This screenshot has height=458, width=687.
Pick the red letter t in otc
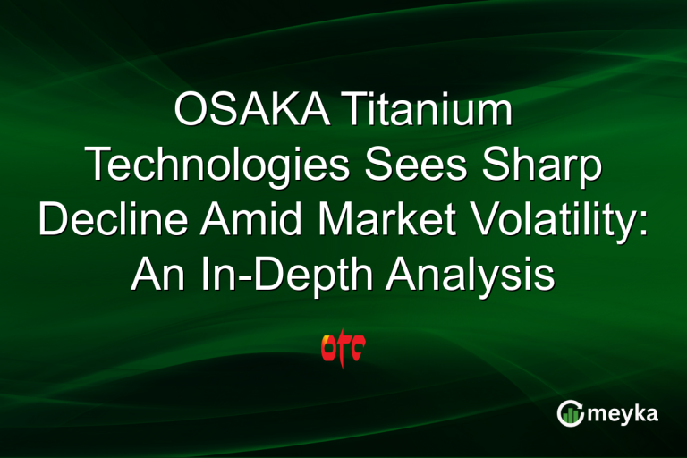[344, 348]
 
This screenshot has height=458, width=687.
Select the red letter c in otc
[359, 350]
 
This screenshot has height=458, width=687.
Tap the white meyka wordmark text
[627, 414]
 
